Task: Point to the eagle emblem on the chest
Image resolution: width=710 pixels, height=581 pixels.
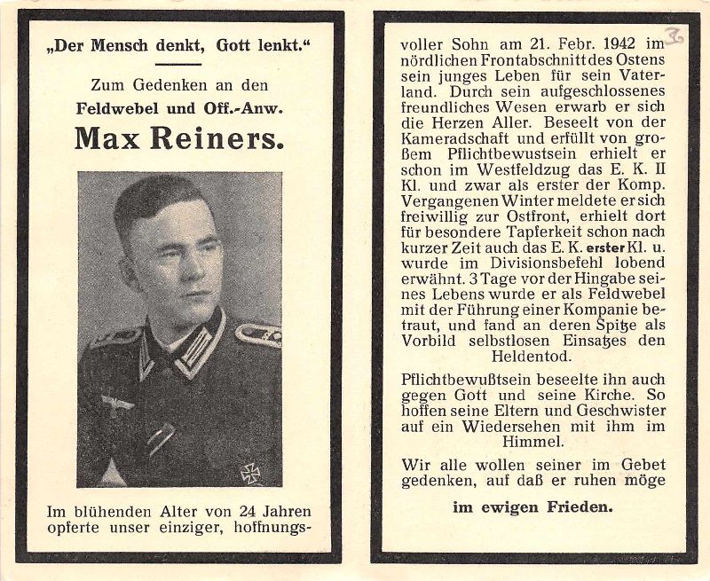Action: (x=116, y=404)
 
